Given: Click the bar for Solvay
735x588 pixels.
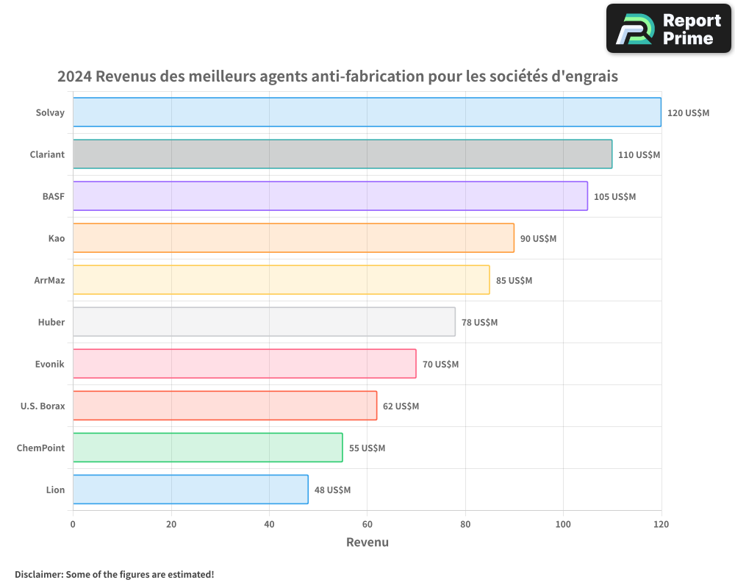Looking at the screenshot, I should pyautogui.click(x=367, y=112).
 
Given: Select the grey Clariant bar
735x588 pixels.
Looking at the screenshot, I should pyautogui.click(x=343, y=154).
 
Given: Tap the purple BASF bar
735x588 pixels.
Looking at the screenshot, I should pyautogui.click(x=330, y=196).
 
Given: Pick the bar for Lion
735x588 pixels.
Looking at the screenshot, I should pyautogui.click(x=190, y=490).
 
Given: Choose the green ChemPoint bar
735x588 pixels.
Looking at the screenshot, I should pyautogui.click(x=207, y=448).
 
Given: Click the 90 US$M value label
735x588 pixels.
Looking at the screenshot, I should pyautogui.click(x=538, y=238).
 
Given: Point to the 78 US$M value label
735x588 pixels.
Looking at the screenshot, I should pyautogui.click(x=479, y=322).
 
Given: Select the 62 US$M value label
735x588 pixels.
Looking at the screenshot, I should pyautogui.click(x=401, y=406).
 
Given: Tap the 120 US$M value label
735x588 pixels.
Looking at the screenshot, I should pyautogui.click(x=688, y=112).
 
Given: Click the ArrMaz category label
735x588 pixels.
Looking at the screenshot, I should pyautogui.click(x=49, y=280).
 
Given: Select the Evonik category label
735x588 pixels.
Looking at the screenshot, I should pyautogui.click(x=50, y=364).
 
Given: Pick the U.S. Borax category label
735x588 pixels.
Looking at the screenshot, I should pyautogui.click(x=43, y=406).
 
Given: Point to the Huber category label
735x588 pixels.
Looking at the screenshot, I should pyautogui.click(x=51, y=322).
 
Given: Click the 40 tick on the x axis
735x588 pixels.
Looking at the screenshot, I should pyautogui.click(x=269, y=524).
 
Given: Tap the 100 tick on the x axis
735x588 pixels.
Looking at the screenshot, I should pyautogui.click(x=563, y=524).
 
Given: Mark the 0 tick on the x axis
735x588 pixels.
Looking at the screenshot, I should pyautogui.click(x=73, y=524).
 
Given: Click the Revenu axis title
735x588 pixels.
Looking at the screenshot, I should pyautogui.click(x=367, y=542).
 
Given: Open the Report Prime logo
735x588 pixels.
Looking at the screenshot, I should pyautogui.click(x=669, y=28).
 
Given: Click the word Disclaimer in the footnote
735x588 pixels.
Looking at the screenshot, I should pyautogui.click(x=39, y=574).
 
